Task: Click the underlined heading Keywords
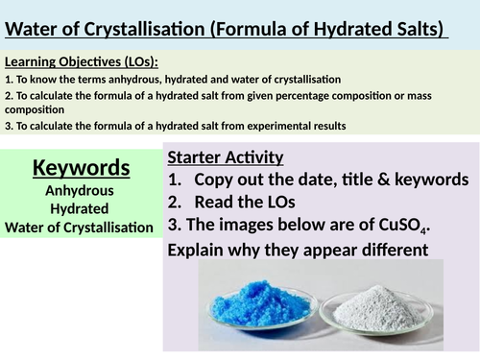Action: [x=82, y=168]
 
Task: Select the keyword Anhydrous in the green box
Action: [x=82, y=191]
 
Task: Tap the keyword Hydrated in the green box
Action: [x=82, y=208]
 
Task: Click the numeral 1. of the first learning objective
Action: [x=9, y=79]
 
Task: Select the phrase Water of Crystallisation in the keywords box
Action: [x=82, y=227]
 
